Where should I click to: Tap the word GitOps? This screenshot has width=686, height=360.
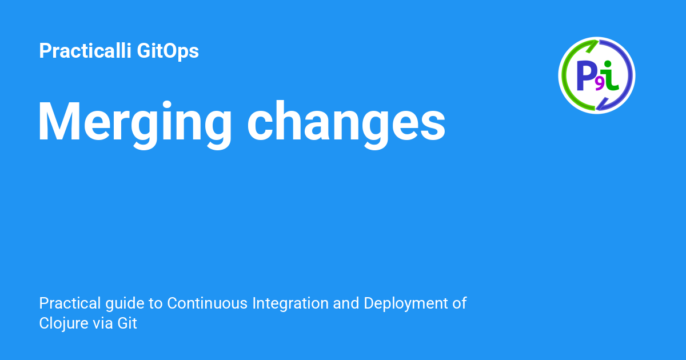point(168,51)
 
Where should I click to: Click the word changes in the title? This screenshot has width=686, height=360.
point(346,122)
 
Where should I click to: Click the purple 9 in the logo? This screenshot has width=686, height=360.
point(600,84)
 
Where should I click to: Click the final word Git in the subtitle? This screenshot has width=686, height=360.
point(127,323)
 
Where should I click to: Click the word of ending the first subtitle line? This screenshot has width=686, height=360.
point(460,303)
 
